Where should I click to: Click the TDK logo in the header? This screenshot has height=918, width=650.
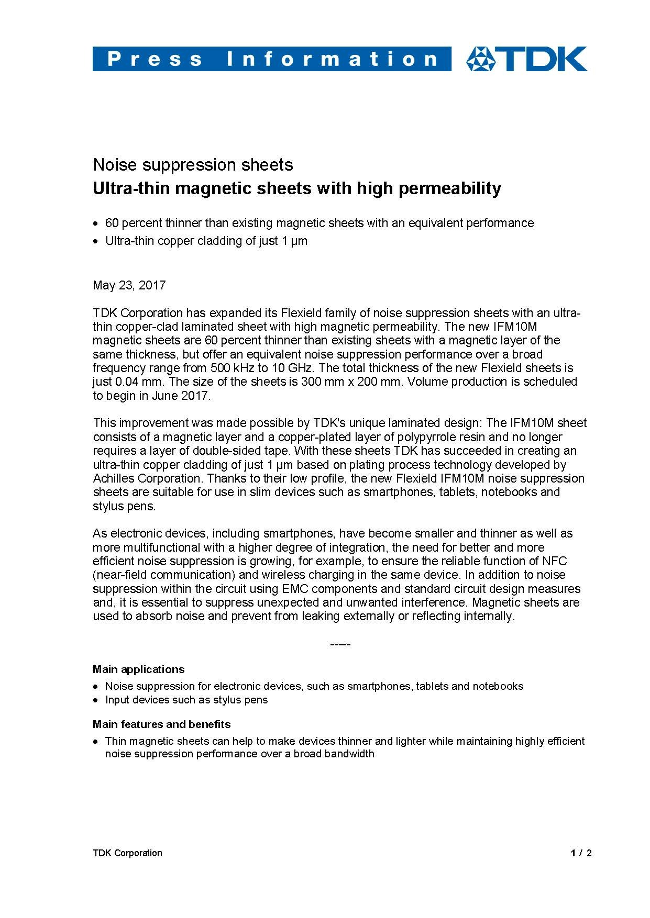(526, 59)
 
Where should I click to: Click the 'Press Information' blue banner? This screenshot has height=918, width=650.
(271, 59)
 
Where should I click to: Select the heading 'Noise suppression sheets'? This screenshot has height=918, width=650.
(193, 165)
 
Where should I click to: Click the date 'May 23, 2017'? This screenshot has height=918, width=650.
(129, 285)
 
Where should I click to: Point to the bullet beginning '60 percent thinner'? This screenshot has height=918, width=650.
(320, 223)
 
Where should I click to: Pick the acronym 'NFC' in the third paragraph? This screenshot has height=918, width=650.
(555, 561)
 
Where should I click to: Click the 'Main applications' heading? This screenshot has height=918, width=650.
(138, 669)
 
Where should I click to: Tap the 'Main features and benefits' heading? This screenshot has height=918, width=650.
(161, 724)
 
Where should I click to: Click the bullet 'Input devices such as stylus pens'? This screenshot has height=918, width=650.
(186, 700)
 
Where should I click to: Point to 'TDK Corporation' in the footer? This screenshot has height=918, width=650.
(127, 853)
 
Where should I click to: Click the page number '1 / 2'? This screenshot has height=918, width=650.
(581, 853)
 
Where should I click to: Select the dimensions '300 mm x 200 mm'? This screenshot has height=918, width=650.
(352, 382)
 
